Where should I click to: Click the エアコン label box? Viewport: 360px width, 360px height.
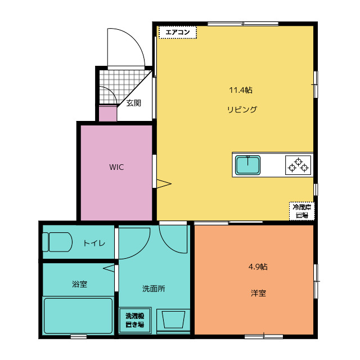178,33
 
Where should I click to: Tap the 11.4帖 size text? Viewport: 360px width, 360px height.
240,90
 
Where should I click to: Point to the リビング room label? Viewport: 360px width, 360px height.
242,110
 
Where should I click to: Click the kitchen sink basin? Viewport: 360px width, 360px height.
247,165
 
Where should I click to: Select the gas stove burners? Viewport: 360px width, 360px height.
298,165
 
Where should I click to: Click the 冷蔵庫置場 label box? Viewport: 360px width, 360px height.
302,211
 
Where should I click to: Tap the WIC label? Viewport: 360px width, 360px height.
116,168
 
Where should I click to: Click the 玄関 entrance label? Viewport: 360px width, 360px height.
133,103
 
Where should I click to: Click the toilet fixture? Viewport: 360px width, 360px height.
57,242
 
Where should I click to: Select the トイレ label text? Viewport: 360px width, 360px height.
93,243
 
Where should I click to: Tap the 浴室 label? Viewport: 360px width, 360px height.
79,284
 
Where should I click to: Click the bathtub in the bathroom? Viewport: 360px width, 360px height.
78,316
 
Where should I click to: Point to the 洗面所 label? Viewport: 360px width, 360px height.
153,289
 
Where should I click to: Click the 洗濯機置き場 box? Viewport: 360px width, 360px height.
134,320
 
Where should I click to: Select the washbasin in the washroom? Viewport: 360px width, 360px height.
173,319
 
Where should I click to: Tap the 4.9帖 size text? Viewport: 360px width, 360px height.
258,267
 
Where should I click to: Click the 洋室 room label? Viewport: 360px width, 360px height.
258,293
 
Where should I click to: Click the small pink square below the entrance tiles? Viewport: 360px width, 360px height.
107,114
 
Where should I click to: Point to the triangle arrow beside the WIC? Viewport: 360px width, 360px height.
163,183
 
